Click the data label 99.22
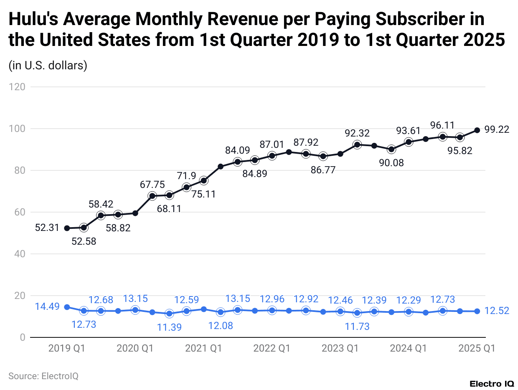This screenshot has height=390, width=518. [497, 130]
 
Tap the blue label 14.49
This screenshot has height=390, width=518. [47, 307]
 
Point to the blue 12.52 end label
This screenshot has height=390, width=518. [497, 311]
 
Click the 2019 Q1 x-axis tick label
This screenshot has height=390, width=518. [67, 348]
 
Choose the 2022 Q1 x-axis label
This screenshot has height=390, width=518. [272, 348]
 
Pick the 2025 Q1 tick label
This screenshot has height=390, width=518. [477, 348]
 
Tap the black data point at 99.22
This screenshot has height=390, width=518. [477, 130]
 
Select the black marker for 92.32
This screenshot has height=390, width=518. [357, 144]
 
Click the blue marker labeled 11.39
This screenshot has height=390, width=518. [169, 314]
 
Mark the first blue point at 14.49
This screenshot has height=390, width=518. [67, 307]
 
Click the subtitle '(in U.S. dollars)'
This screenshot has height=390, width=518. [48, 66]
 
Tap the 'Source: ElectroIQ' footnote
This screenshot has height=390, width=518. [43, 376]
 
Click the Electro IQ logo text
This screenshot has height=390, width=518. [492, 383]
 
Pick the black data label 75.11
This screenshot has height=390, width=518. [203, 194]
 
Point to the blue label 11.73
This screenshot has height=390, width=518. [357, 326]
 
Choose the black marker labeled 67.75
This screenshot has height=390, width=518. [152, 196]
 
